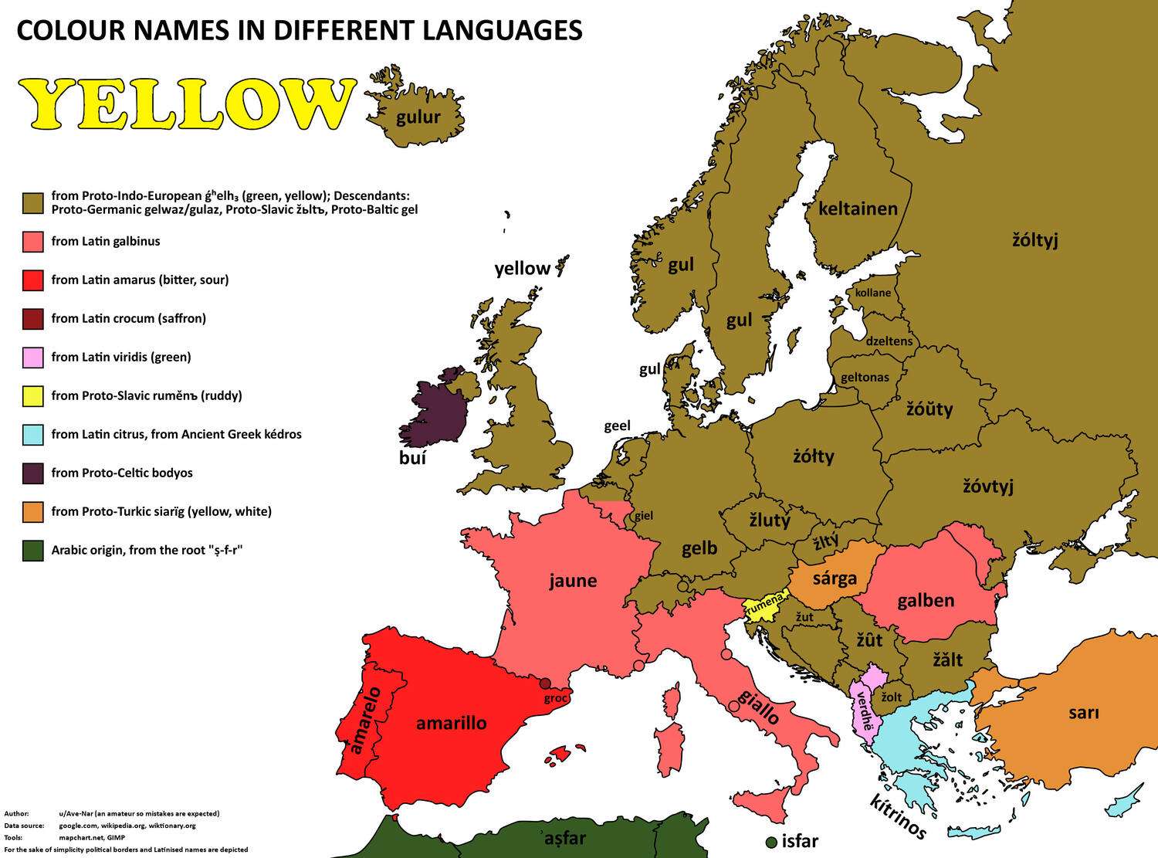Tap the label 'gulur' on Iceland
pyautogui.click(x=418, y=117)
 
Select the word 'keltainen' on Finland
pyautogui.click(x=858, y=209)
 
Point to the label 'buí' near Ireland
pyautogui.click(x=412, y=458)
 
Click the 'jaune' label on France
pyautogui.click(x=573, y=581)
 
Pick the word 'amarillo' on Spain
pyautogui.click(x=451, y=723)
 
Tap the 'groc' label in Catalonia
pyautogui.click(x=556, y=698)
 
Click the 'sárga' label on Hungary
pyautogui.click(x=835, y=578)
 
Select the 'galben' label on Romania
pyautogui.click(x=926, y=600)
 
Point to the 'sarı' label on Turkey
pyautogui.click(x=1083, y=713)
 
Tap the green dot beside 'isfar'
pyautogui.click(x=770, y=841)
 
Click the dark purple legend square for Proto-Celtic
pyautogui.click(x=32, y=473)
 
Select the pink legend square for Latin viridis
pyautogui.click(x=32, y=358)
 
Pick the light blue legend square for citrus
pyautogui.click(x=32, y=435)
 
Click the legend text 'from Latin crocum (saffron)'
pyautogui.click(x=128, y=318)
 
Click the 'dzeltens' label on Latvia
pyautogui.click(x=889, y=341)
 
